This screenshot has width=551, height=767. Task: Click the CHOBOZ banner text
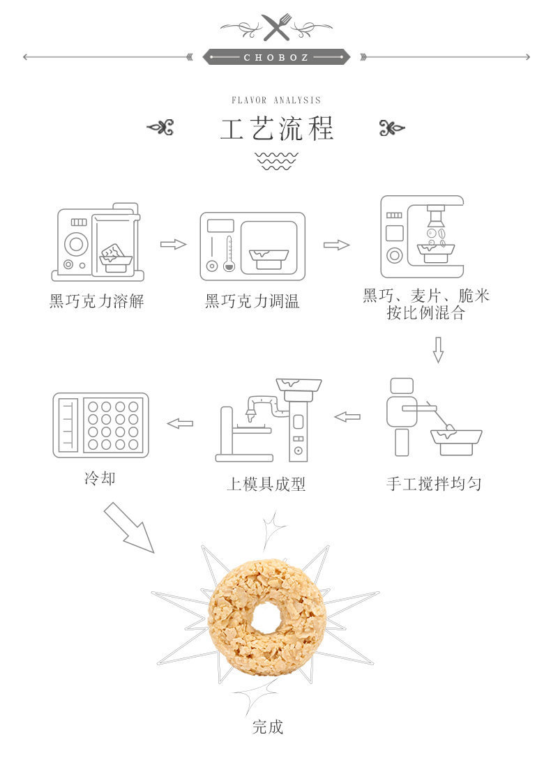point(276,57)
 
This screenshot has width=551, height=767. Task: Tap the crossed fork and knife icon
point(276,27)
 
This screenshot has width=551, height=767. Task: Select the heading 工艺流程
point(276,129)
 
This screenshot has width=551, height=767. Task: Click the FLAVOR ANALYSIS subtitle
point(276,100)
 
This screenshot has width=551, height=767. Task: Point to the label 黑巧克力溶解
point(96,301)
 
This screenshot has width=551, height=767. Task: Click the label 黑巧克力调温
point(252,301)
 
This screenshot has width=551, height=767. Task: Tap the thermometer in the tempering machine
point(229,253)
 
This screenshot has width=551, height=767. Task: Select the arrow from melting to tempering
point(173,244)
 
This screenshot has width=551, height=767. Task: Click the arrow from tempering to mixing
point(336,245)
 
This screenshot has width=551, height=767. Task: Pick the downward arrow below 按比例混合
point(439,349)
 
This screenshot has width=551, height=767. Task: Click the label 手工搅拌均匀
point(434,484)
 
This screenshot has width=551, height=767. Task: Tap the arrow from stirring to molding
point(347,417)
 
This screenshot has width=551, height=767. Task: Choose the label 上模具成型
point(266,484)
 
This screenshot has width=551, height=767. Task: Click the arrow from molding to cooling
point(180,423)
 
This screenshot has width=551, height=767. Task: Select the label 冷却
point(100,478)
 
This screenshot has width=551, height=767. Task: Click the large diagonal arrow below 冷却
point(129,527)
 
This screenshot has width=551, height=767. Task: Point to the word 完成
point(268,727)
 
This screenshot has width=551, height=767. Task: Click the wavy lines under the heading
point(276,161)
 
